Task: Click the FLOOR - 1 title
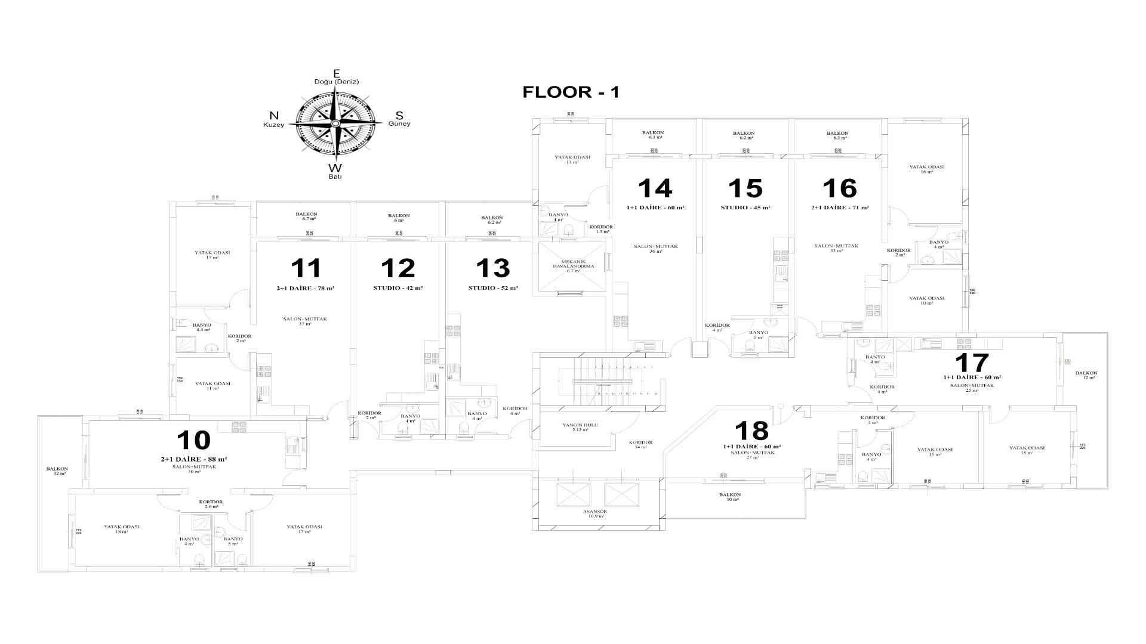click(571, 92)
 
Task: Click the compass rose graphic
click(336, 123)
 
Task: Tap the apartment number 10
click(194, 440)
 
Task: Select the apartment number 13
click(493, 268)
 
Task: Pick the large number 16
click(839, 188)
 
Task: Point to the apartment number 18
click(751, 431)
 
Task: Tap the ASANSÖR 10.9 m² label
click(594, 513)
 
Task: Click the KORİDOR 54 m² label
click(640, 444)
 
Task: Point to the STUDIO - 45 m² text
click(745, 208)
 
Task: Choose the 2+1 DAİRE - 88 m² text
click(193, 459)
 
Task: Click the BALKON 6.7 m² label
click(306, 216)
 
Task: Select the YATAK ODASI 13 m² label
click(572, 159)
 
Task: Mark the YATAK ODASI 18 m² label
click(121, 529)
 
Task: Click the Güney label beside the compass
click(399, 123)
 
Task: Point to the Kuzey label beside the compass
click(274, 125)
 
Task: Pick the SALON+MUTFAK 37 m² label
click(304, 321)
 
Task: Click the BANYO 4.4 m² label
click(202, 327)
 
